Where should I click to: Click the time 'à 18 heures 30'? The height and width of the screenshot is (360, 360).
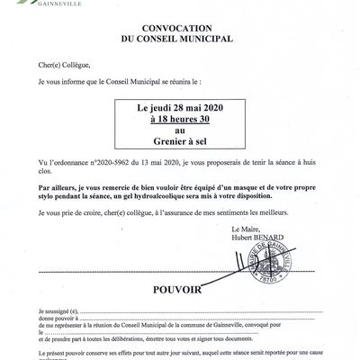click(180, 117)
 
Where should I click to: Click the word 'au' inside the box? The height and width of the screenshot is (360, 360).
click(180, 129)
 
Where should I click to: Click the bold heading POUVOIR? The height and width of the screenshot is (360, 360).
click(179, 291)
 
